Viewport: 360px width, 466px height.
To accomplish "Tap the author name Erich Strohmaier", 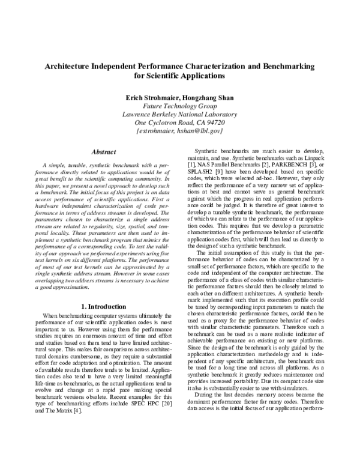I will [x=149, y=97].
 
